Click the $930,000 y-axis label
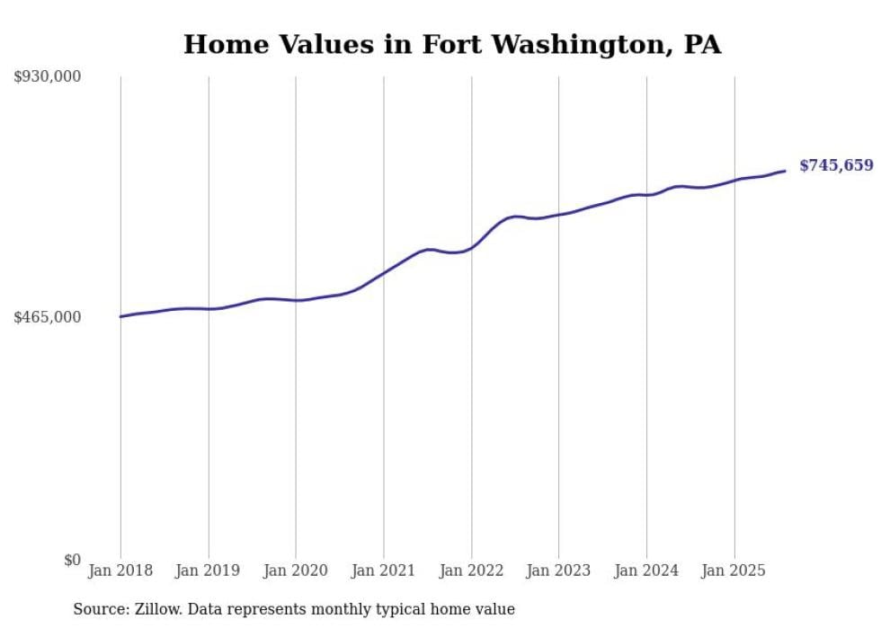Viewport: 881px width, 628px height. [x=47, y=77]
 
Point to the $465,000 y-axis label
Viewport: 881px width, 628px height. [x=47, y=317]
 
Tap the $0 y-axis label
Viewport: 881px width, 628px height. [x=71, y=560]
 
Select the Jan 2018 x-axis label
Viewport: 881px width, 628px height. [x=120, y=571]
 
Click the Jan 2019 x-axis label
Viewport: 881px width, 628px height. [x=208, y=571]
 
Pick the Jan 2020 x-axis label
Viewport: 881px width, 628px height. [x=296, y=571]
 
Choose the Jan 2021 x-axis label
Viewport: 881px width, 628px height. [x=384, y=571]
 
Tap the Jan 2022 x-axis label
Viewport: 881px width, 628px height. [x=471, y=571]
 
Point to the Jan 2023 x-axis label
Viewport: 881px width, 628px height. [x=558, y=571]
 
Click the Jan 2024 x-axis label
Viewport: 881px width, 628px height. [x=646, y=571]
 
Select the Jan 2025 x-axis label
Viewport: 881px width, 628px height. [x=734, y=571]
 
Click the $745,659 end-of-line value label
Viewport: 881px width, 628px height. [x=836, y=165]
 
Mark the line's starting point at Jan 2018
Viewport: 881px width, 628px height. [x=120, y=316]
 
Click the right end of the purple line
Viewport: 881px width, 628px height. [x=786, y=171]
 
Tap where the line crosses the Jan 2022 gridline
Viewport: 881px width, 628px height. [x=471, y=246]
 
